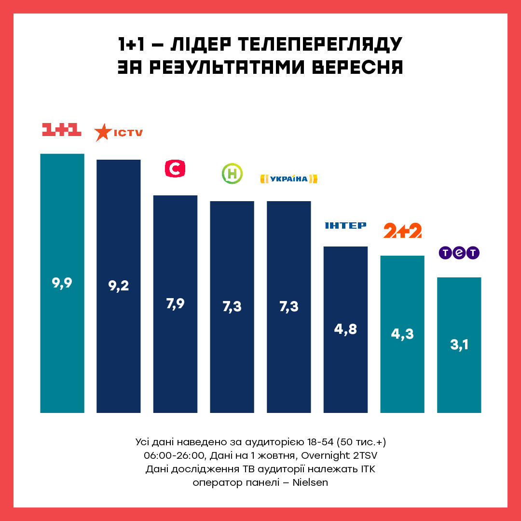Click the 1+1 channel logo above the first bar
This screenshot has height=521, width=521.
click(x=62, y=129)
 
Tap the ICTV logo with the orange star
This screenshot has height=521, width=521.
click(x=119, y=132)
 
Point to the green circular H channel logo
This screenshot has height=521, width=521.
click(x=232, y=174)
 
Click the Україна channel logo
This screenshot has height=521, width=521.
click(x=288, y=179)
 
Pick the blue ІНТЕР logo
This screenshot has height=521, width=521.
click(x=345, y=225)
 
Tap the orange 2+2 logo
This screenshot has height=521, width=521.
click(x=402, y=231)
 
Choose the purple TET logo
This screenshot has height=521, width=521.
click(x=459, y=253)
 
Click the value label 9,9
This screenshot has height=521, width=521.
click(x=62, y=283)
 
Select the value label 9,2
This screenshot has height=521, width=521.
click(x=119, y=286)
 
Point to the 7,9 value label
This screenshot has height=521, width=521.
click(x=175, y=304)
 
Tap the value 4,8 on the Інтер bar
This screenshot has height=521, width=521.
click(x=345, y=330)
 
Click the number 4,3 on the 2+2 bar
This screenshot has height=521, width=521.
click(x=402, y=334)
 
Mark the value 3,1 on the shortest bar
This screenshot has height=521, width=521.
click(x=459, y=345)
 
